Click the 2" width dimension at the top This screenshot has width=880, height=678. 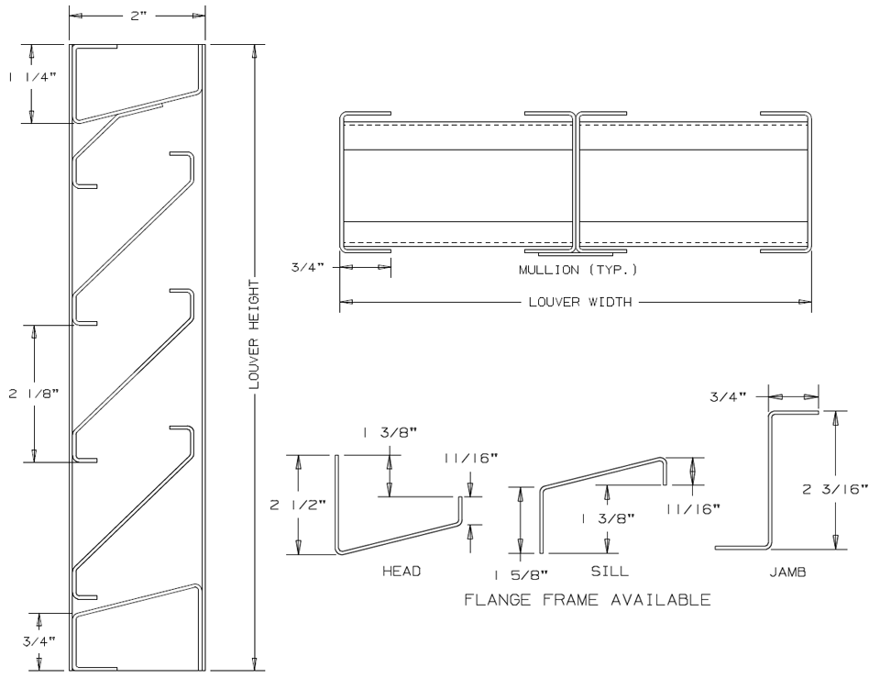tap(137, 16)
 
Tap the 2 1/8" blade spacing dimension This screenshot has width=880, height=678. tap(33, 394)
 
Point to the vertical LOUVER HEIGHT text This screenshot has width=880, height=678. tap(256, 334)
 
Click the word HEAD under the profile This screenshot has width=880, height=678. tap(401, 571)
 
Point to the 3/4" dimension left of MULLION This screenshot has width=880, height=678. tap(303, 267)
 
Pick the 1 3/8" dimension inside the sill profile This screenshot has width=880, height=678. tap(608, 518)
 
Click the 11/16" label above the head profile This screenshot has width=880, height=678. tap(470, 458)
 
